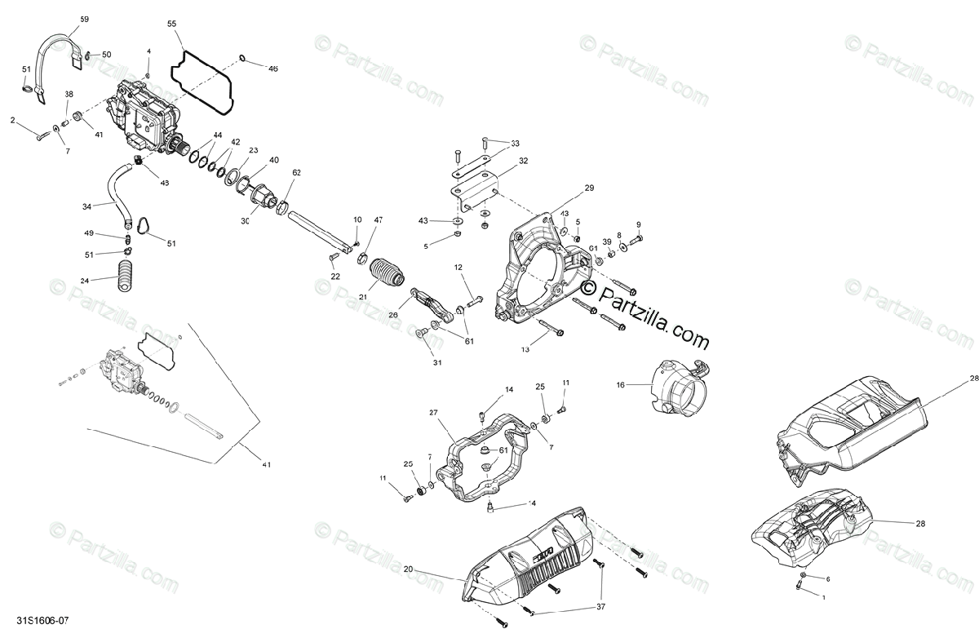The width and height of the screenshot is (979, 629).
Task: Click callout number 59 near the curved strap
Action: click(x=85, y=18)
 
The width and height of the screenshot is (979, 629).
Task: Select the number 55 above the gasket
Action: click(x=171, y=24)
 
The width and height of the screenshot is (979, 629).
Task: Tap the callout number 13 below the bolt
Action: click(x=525, y=348)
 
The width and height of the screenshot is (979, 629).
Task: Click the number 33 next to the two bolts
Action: click(x=515, y=144)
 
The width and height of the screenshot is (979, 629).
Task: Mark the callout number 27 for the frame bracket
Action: click(x=433, y=413)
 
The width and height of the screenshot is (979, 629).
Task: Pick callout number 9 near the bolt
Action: click(x=638, y=224)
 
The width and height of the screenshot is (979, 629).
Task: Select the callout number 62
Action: click(x=296, y=173)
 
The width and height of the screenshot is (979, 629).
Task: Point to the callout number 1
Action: click(x=823, y=596)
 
